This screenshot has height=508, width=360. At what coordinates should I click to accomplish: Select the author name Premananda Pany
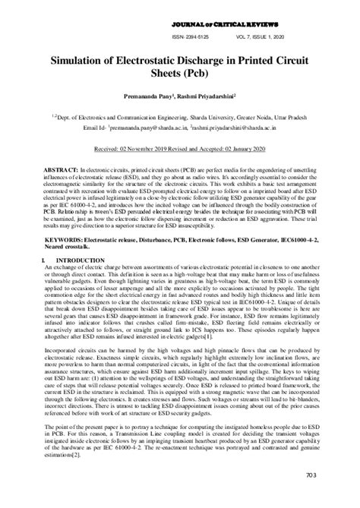[x=145, y=98]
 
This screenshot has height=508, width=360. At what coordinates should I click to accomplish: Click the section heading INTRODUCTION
[x=72, y=260]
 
